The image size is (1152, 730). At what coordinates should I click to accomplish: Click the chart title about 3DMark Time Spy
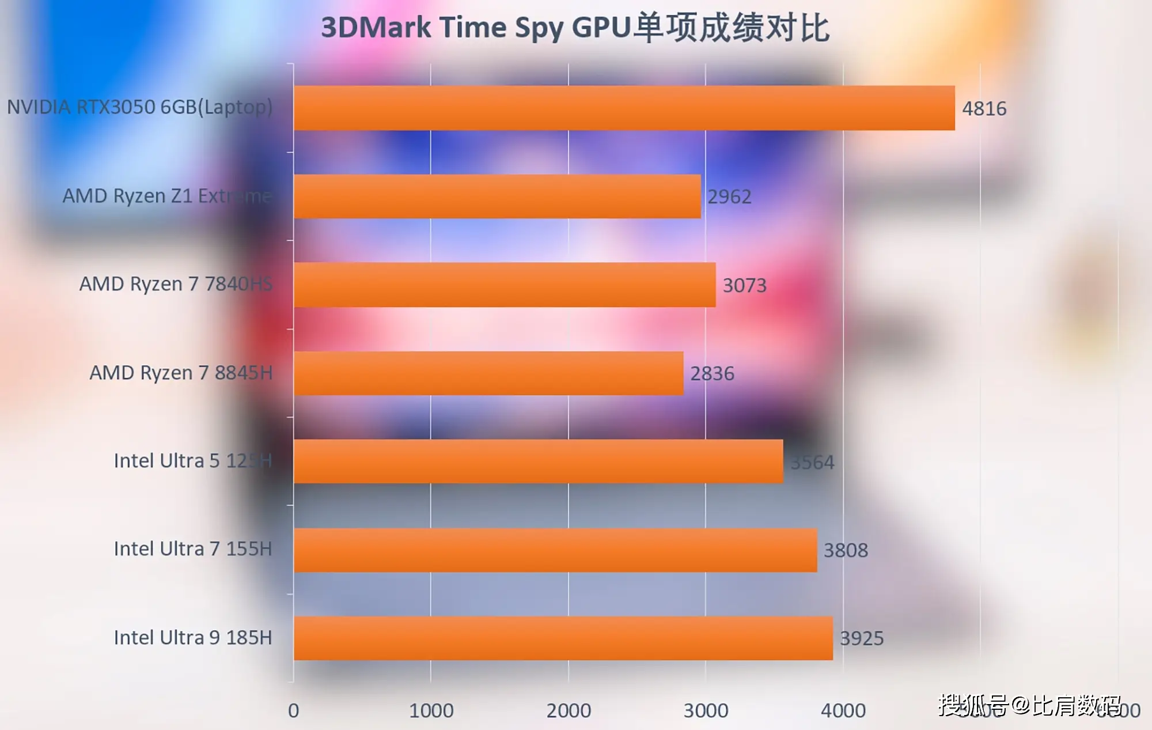tap(575, 28)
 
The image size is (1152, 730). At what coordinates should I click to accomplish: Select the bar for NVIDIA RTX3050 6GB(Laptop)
tap(624, 108)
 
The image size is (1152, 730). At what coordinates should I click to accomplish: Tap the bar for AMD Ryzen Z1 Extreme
tap(497, 196)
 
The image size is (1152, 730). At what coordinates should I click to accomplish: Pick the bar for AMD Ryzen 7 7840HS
tap(505, 285)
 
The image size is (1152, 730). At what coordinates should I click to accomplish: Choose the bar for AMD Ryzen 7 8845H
tap(488, 373)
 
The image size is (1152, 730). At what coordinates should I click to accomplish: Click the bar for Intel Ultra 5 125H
tap(538, 462)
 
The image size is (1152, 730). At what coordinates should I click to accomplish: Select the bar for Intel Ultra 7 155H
tap(555, 550)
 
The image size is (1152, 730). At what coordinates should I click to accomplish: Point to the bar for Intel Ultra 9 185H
tap(563, 638)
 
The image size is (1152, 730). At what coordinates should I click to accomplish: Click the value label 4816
tap(984, 108)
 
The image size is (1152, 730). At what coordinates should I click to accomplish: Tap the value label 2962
tap(729, 197)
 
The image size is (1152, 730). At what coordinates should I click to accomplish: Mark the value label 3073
tap(745, 286)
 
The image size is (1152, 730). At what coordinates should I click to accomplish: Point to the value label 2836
tap(713, 374)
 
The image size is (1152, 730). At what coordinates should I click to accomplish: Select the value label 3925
tap(862, 638)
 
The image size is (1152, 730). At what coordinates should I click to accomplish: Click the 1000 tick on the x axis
tap(431, 711)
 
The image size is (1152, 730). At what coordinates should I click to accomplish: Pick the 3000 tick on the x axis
tap(706, 711)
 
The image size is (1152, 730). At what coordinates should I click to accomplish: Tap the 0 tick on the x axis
tap(293, 711)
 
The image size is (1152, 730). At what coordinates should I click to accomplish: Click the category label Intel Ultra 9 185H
tap(192, 638)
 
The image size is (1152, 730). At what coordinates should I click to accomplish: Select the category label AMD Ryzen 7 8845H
tap(181, 373)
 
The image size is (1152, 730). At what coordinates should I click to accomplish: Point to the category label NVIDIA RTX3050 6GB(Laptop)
tap(139, 107)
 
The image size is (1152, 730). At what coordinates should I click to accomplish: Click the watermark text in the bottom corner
tap(1030, 705)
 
